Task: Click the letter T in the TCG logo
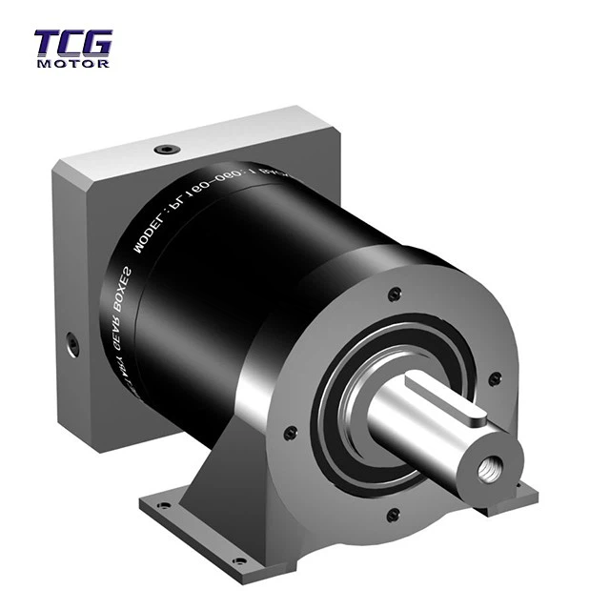click(49, 44)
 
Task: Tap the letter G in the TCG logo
click(97, 44)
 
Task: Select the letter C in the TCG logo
click(72, 44)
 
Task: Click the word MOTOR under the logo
click(72, 64)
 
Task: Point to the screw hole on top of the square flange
click(169, 150)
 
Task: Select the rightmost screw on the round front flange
click(494, 378)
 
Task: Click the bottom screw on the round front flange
click(392, 516)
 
